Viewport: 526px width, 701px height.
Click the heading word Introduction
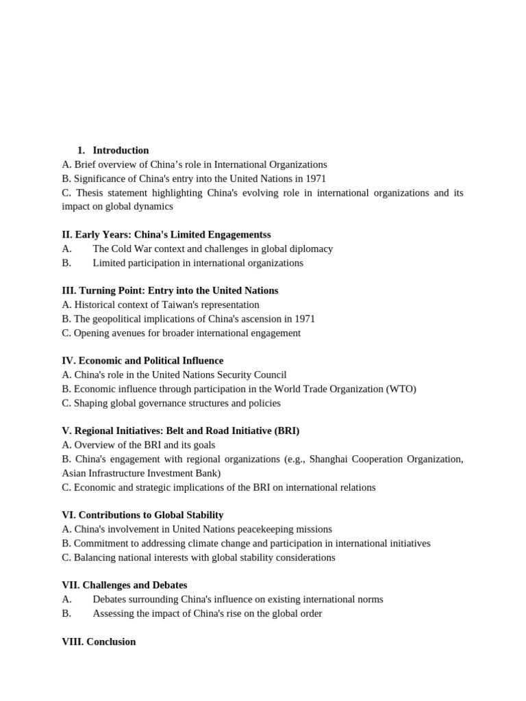coord(121,151)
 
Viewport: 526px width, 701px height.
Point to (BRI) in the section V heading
coord(286,431)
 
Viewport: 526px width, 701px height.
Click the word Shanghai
coord(331,459)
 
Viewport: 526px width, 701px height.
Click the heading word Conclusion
coord(111,642)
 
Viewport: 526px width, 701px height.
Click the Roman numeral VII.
coord(71,585)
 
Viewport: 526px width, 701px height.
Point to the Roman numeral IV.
coord(68,361)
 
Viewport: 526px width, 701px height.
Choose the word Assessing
coord(114,613)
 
